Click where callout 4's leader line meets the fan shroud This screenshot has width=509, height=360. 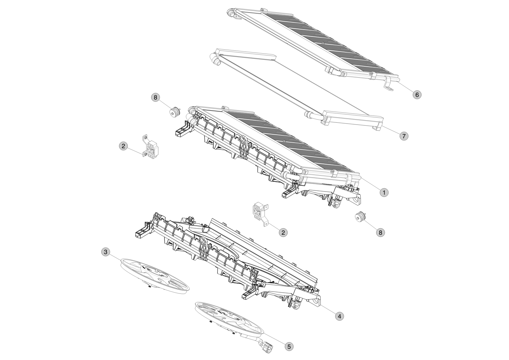coord(320,305)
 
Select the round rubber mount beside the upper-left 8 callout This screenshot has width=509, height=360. coord(175,112)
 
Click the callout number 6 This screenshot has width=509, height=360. coord(417,95)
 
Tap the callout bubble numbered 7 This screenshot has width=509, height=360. coord(404,136)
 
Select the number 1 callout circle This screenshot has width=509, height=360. coord(384,193)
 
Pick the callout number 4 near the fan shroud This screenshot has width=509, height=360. coord(339,316)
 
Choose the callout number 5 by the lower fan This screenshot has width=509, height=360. coord(289,347)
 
